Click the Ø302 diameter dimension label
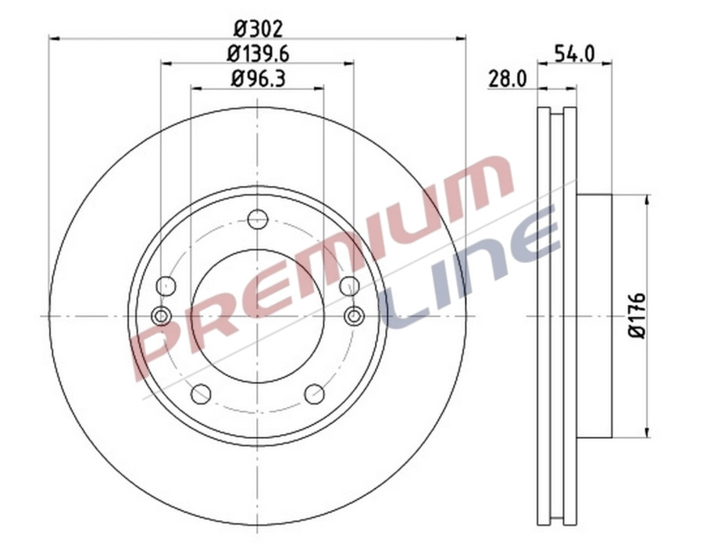point(258,28)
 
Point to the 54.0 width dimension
point(574,53)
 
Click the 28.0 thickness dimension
point(509,78)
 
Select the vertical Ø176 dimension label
point(638,315)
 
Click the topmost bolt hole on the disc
point(258,219)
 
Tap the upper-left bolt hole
point(165,286)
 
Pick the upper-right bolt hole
point(350,286)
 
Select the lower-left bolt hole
point(201,394)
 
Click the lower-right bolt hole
point(315,394)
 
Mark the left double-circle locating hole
point(162,316)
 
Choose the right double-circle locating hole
point(354,316)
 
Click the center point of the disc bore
point(258,316)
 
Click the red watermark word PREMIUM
point(312,266)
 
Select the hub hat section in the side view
point(594,315)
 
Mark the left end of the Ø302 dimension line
point(51,36)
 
